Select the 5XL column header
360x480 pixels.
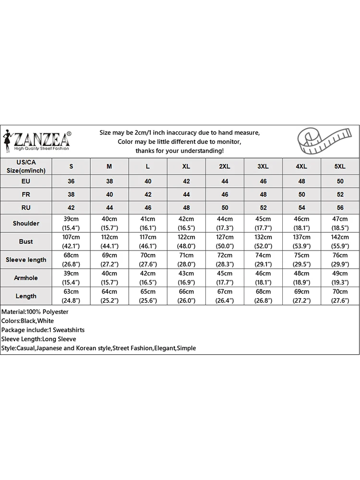click(x=340, y=167)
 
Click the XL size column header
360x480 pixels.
click(x=186, y=167)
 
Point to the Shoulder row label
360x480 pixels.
click(x=26, y=223)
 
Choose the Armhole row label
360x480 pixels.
click(x=26, y=278)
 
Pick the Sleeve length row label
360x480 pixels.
click(x=26, y=260)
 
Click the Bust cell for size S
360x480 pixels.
click(x=71, y=241)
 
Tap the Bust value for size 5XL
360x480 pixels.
click(x=340, y=241)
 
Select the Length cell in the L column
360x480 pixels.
click(x=148, y=296)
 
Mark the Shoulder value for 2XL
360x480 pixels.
click(x=225, y=223)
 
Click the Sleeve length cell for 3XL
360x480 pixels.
click(x=263, y=260)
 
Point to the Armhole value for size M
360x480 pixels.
click(x=109, y=278)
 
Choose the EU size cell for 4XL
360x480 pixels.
click(x=301, y=181)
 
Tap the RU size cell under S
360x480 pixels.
click(x=71, y=208)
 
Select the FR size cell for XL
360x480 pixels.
click(x=186, y=195)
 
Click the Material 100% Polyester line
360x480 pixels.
click(x=35, y=312)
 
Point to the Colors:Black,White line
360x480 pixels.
click(x=27, y=321)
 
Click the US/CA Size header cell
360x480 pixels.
click(x=26, y=167)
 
